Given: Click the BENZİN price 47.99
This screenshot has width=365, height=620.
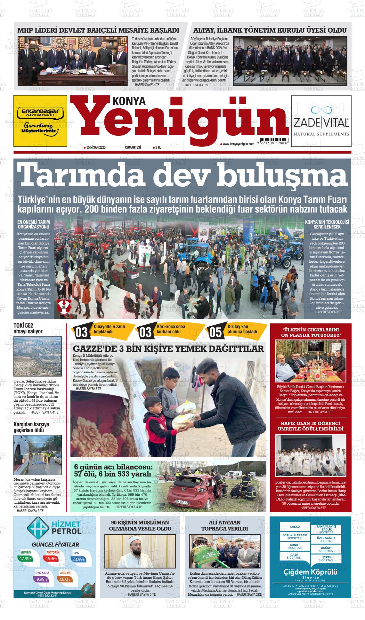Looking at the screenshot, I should pyautogui.click(x=25, y=559).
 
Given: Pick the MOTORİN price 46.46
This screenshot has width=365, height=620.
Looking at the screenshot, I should pyautogui.click(x=51, y=559).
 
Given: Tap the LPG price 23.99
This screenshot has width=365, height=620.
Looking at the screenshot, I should pyautogui.click(x=78, y=559).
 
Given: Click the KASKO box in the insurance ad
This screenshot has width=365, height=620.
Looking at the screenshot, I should pyautogui.click(x=295, y=526).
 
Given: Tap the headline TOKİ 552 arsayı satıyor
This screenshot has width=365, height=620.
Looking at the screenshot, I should pyautogui.click(x=28, y=329).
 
